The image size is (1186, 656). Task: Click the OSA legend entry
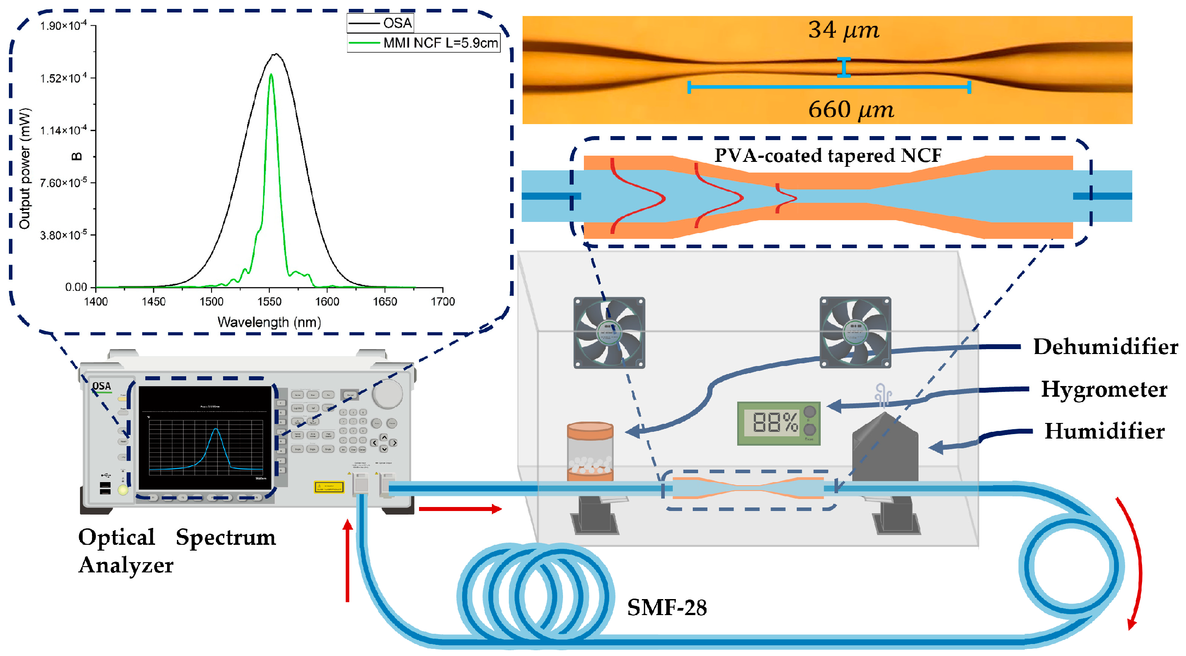click(396, 23)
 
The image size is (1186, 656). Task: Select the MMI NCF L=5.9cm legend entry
click(439, 43)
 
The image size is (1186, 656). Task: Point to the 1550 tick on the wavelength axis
click(269, 301)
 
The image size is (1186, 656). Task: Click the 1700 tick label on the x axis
click(443, 301)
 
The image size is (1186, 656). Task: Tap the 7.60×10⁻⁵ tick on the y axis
click(63, 183)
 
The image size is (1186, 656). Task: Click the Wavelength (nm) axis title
click(269, 322)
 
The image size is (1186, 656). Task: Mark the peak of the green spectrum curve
click(271, 75)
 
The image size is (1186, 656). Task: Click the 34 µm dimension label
click(843, 30)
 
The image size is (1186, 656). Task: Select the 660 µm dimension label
click(851, 110)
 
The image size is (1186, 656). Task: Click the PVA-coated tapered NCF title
click(827, 156)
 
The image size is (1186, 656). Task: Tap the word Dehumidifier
click(1105, 347)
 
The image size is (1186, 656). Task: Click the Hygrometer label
click(1104, 389)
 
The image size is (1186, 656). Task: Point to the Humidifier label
click(1104, 432)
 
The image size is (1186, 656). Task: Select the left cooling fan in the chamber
click(609, 333)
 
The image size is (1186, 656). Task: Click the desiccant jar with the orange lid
click(590, 451)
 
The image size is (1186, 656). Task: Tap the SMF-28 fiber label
click(667, 608)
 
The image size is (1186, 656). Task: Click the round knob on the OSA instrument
click(387, 394)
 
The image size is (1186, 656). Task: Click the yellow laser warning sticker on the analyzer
click(329, 487)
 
